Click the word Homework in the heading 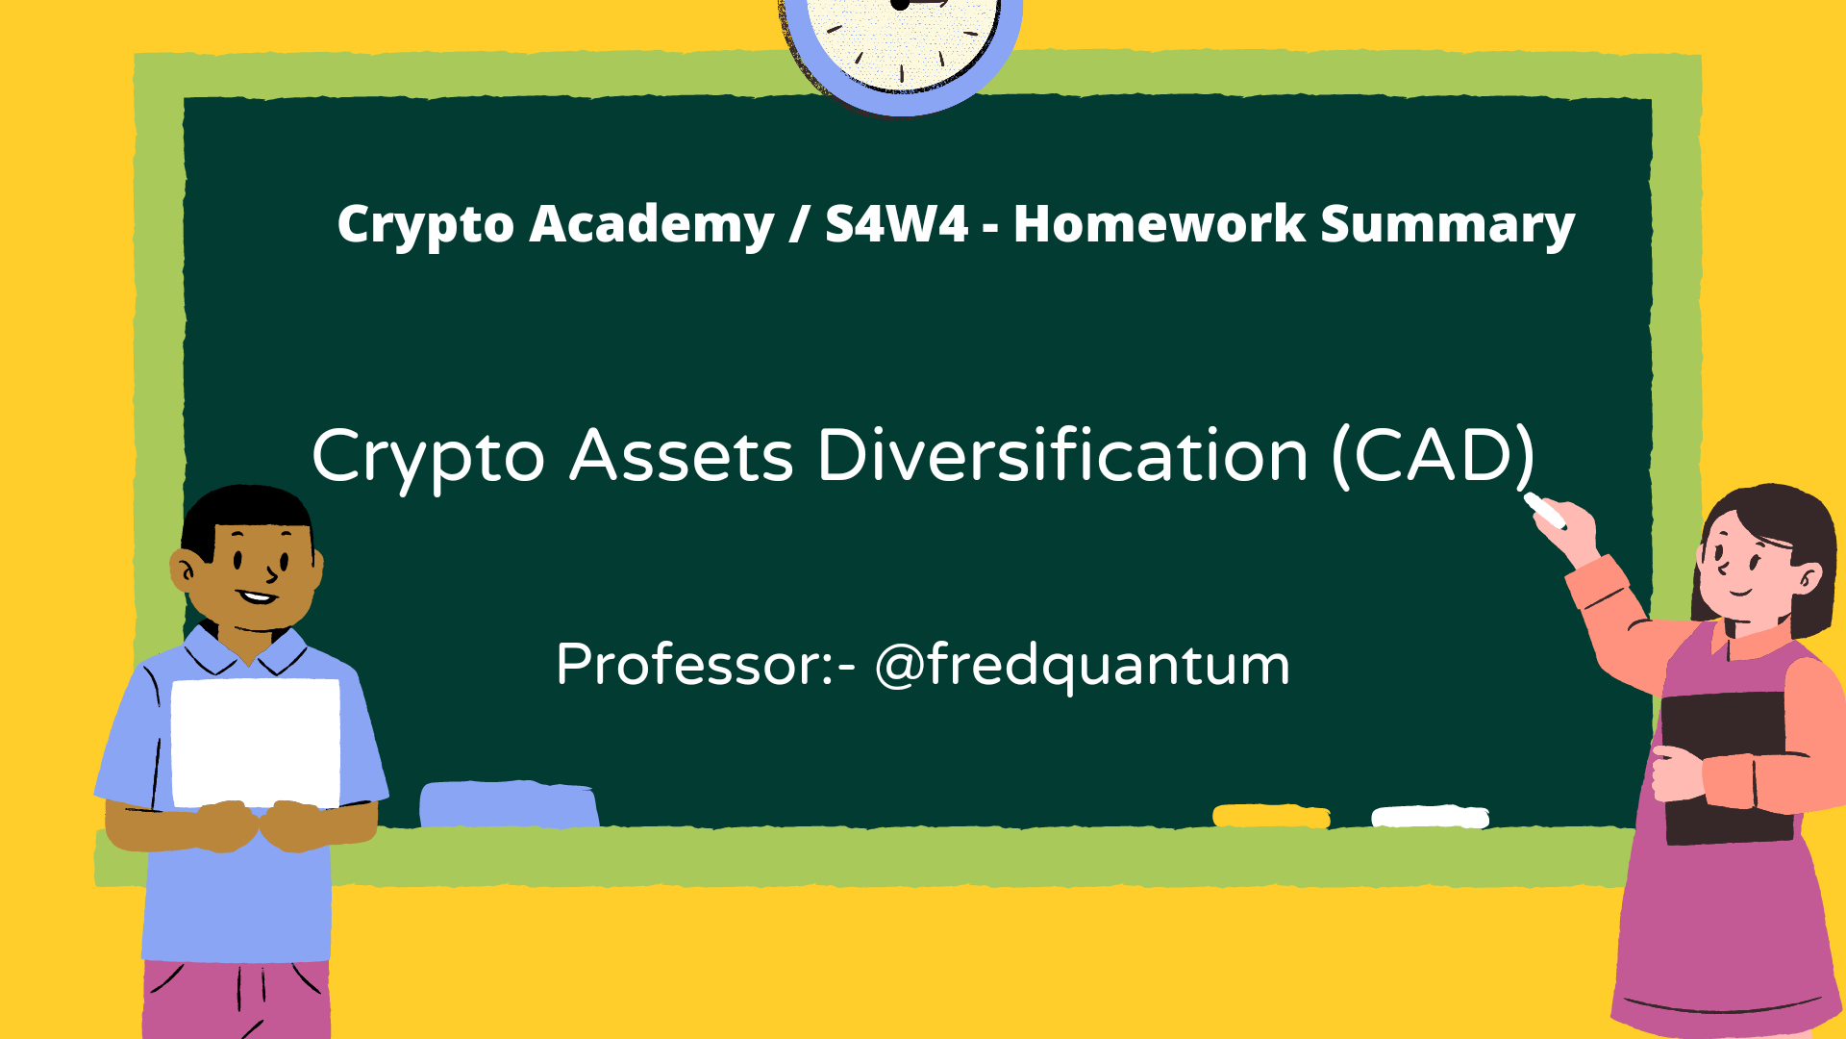click(x=1159, y=224)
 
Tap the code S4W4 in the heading click(x=896, y=224)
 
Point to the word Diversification click(x=1062, y=454)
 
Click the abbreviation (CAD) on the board click(x=1433, y=456)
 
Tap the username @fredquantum click(x=1082, y=665)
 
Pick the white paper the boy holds click(x=256, y=742)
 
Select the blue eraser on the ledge click(x=509, y=804)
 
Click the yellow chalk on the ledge click(x=1271, y=816)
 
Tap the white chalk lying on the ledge click(x=1430, y=817)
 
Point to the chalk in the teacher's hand click(x=1544, y=510)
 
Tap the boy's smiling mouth click(x=258, y=597)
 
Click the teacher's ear click(x=1808, y=579)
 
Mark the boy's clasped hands click(x=261, y=825)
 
